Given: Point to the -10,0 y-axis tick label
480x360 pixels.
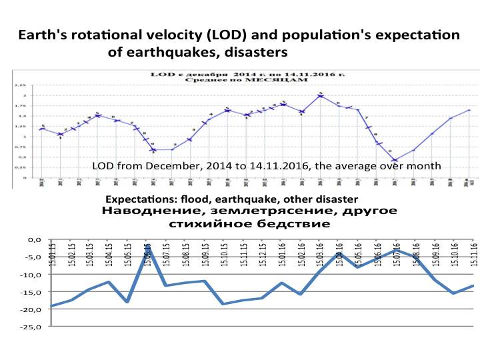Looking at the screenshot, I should coord(33,275).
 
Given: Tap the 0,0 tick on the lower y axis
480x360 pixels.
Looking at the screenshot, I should coord(37,239).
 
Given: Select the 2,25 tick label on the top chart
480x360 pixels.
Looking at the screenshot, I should coord(21,86).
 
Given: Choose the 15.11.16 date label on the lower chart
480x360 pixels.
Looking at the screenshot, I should coord(474,253).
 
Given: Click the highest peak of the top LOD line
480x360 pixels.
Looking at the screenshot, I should coord(321,96).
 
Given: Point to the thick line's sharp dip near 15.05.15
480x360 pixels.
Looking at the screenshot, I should coord(127,302).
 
